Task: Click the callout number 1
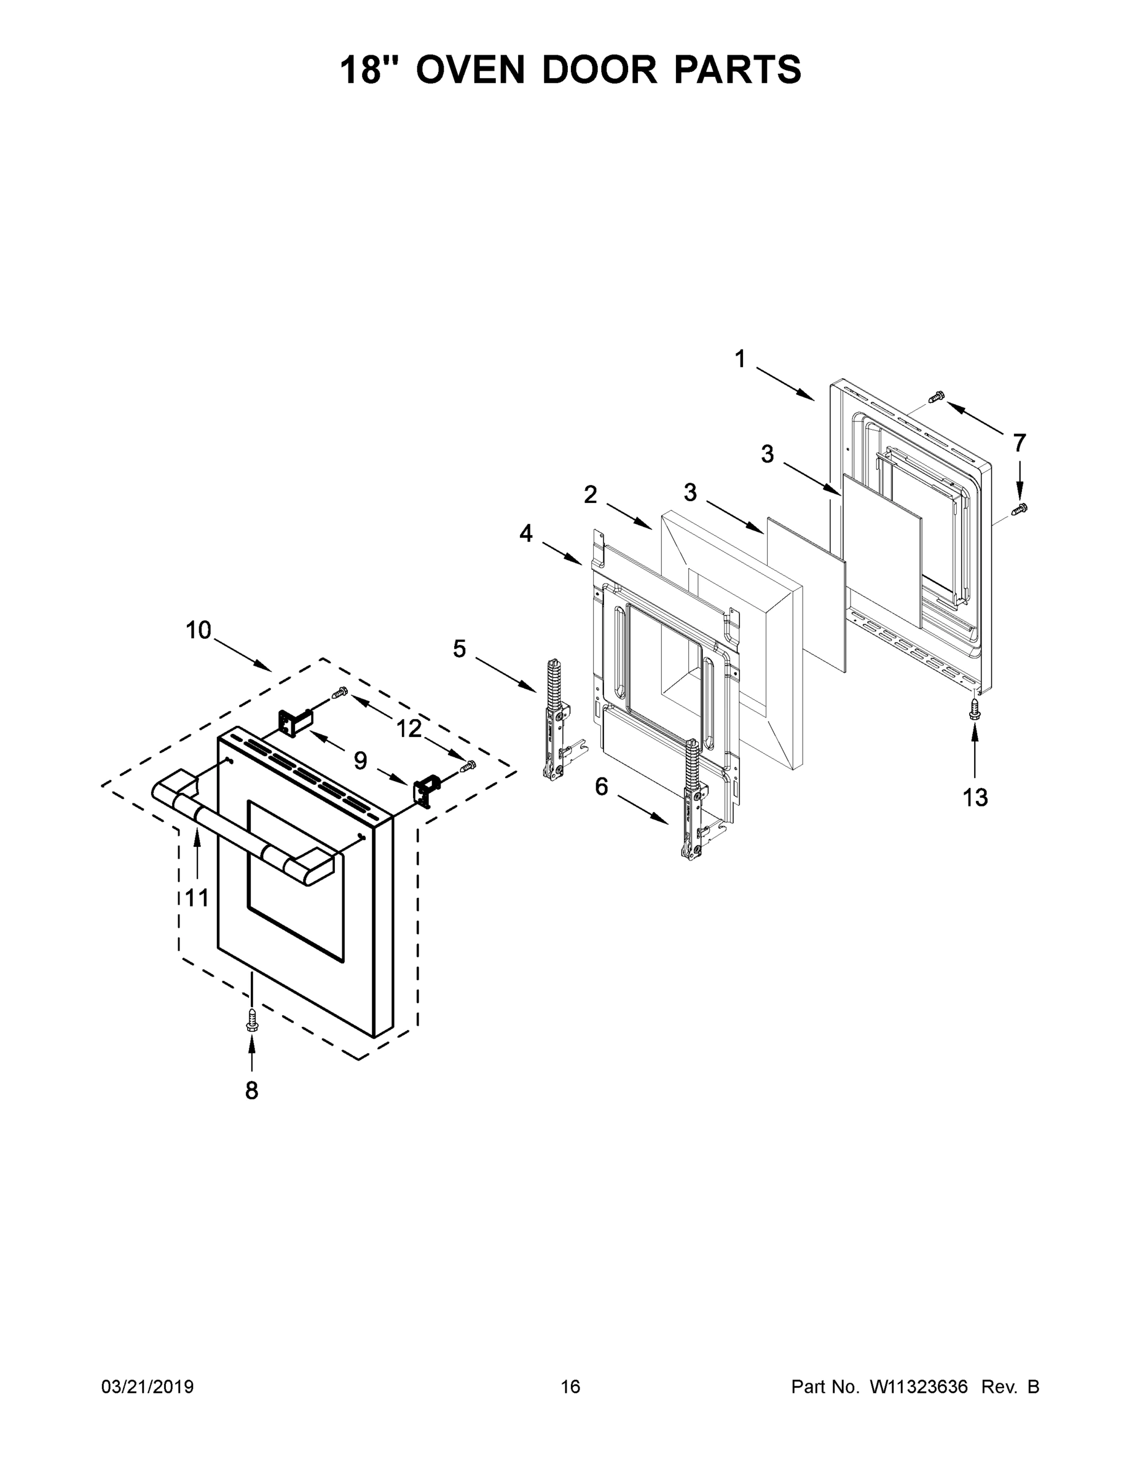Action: (x=740, y=359)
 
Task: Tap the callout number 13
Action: (x=975, y=798)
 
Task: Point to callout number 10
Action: (x=199, y=630)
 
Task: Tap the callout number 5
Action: (x=459, y=649)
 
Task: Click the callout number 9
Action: (x=360, y=760)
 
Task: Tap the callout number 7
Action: (x=1019, y=443)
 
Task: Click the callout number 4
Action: (x=525, y=534)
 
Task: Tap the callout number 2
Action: (x=590, y=494)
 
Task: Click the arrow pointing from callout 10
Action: (x=244, y=655)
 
